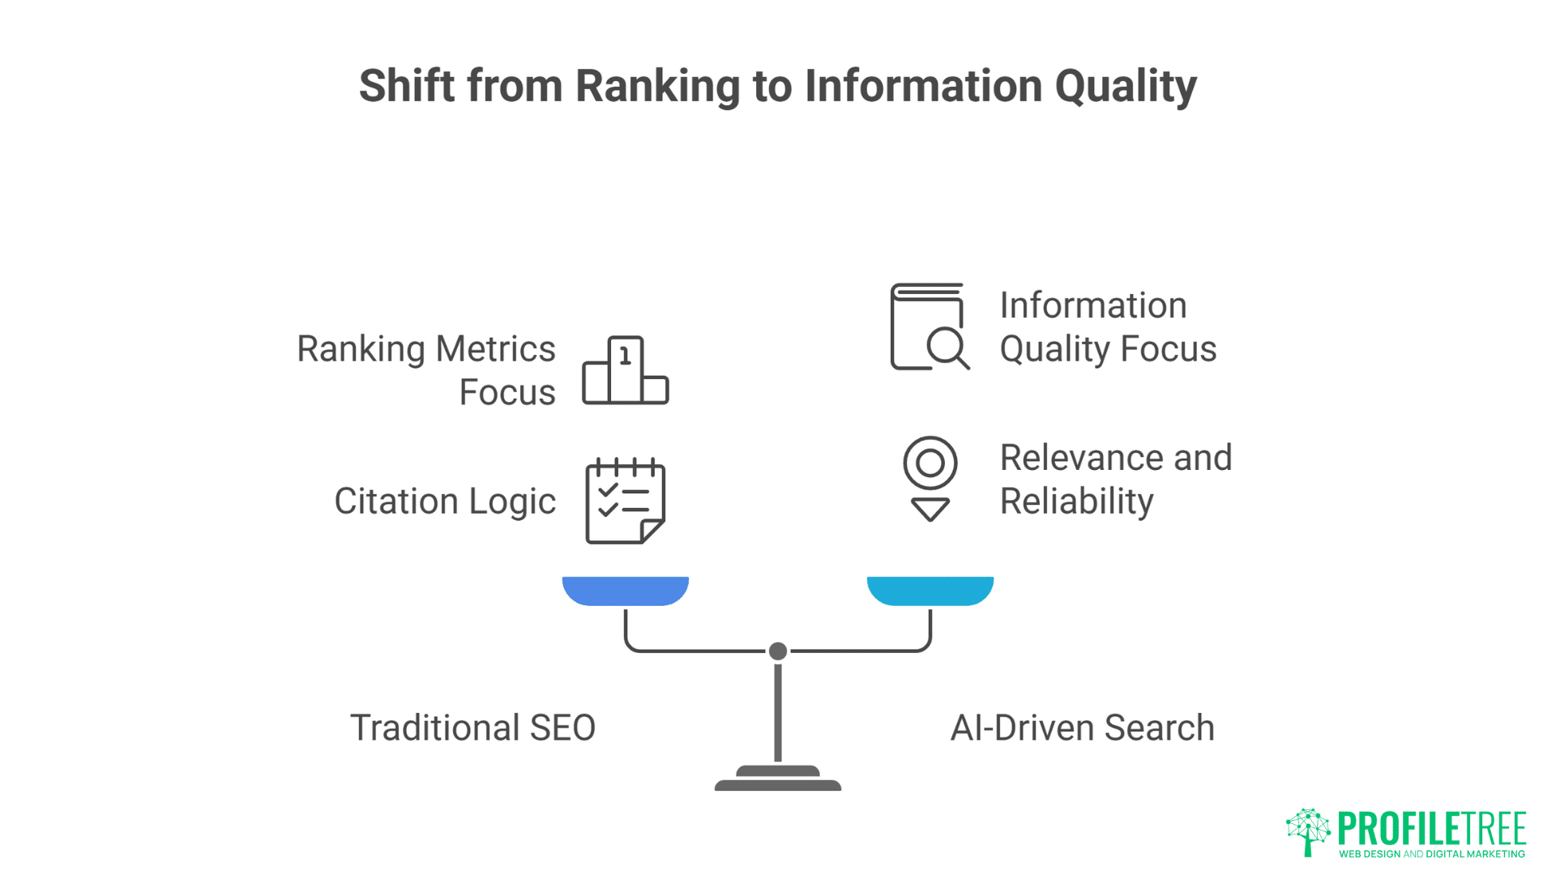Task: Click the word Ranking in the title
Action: [x=657, y=87]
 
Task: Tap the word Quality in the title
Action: [x=1125, y=87]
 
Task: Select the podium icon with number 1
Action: [x=625, y=370]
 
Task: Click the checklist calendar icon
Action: [x=625, y=501]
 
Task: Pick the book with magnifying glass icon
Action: [x=929, y=327]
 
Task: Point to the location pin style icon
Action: [x=930, y=478]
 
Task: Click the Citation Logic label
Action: [x=445, y=501]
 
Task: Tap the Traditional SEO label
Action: [x=472, y=728]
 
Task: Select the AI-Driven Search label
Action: [x=1082, y=728]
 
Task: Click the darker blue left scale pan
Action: [x=625, y=591]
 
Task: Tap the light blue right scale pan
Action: [x=930, y=591]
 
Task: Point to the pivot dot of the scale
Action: [x=778, y=651]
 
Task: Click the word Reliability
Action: [x=1076, y=502]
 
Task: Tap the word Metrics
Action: [x=495, y=349]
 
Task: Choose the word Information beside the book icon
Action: [x=1092, y=305]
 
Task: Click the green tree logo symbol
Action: [x=1307, y=831]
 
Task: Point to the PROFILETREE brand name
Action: [x=1432, y=828]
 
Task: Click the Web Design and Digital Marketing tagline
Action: [x=1432, y=854]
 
